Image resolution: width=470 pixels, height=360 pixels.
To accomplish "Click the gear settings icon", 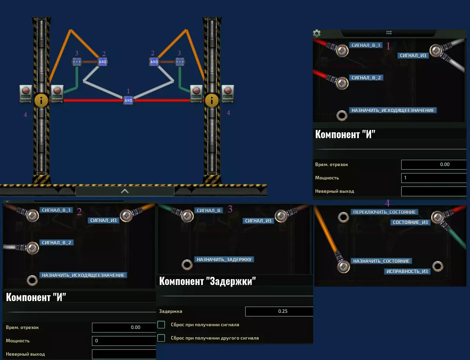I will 317,33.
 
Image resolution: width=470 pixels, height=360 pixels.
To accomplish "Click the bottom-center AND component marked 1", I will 128,101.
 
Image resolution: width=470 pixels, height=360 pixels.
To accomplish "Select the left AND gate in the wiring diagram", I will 103,62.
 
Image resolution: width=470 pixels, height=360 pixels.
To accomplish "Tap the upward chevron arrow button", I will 125,191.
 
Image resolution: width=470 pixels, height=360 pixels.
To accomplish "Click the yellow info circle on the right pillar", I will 212,101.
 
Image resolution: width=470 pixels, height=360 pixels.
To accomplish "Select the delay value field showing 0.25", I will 279,311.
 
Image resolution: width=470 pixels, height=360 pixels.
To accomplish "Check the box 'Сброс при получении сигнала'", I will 161,325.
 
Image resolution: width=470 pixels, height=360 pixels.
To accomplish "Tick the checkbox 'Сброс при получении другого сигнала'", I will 161,338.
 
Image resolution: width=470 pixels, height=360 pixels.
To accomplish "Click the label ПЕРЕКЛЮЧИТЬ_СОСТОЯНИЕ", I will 384,212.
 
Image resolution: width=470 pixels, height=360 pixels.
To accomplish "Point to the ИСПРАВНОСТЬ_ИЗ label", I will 407,271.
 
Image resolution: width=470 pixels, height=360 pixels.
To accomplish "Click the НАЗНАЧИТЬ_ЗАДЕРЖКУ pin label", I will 224,259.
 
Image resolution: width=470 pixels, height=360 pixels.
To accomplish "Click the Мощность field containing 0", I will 124,340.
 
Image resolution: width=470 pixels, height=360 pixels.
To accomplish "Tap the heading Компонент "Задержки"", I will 207,281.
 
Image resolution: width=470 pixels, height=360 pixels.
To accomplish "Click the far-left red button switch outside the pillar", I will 26,93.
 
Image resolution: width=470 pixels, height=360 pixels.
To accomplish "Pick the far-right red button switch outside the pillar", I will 228,93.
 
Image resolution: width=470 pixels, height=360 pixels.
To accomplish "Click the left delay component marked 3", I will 77,62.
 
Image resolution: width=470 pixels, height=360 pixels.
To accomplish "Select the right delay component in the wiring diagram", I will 180,62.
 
